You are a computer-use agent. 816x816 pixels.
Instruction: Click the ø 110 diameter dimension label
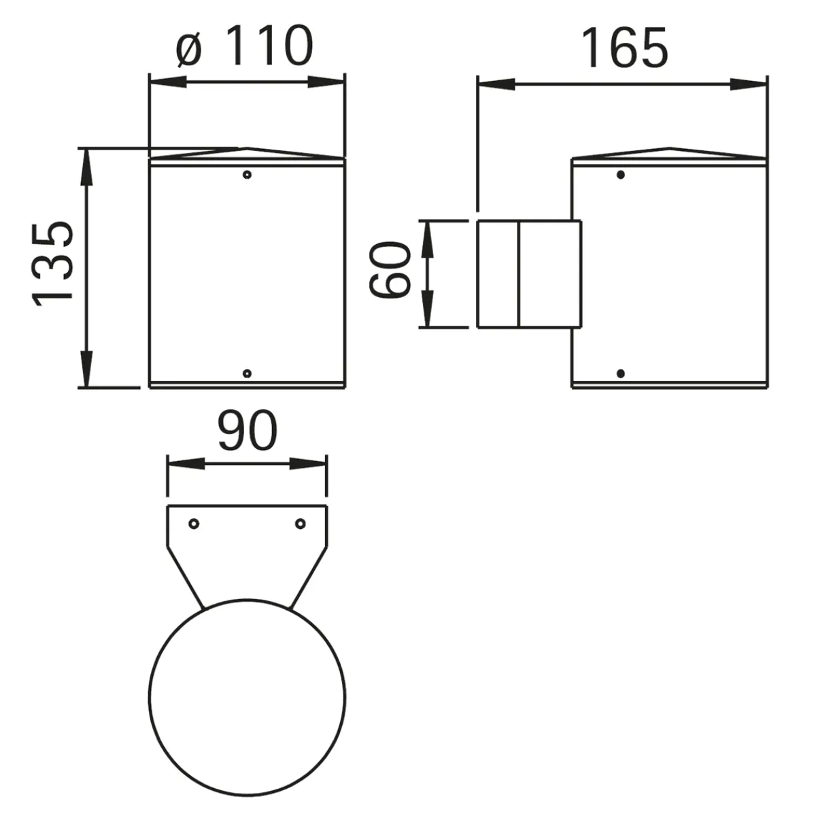click(x=245, y=48)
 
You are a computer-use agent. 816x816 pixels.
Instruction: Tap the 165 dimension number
click(x=624, y=49)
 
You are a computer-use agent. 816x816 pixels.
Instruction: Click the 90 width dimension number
click(x=248, y=431)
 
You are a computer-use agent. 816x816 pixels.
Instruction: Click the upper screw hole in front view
click(x=248, y=175)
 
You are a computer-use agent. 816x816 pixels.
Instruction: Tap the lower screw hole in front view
click(x=248, y=373)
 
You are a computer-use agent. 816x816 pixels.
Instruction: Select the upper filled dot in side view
click(x=620, y=175)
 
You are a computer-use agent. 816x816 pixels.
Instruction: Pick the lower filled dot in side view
click(x=620, y=373)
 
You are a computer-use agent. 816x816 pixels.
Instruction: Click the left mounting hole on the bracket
click(x=194, y=524)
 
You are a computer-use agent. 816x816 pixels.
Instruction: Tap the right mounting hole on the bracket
click(x=300, y=524)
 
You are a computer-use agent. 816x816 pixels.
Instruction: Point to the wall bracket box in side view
click(x=529, y=274)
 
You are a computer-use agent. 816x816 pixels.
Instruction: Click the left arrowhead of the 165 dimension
click(x=495, y=84)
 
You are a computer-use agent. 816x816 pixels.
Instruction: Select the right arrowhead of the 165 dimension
click(x=749, y=84)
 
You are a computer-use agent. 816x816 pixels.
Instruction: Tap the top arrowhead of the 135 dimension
click(x=86, y=167)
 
